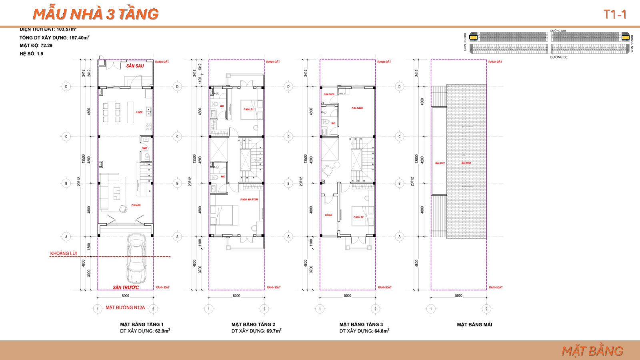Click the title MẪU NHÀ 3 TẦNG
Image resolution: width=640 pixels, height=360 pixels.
pos(96,14)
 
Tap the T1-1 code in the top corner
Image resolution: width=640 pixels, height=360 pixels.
pos(614,15)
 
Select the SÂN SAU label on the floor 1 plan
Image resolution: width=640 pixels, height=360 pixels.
pos(135,66)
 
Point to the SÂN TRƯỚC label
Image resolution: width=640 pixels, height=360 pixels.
pos(126,287)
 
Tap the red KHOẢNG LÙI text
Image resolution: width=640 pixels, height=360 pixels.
pos(63,253)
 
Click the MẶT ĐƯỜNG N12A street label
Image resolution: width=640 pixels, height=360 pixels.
pos(125,308)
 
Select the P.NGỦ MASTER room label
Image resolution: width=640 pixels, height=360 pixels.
pos(249,199)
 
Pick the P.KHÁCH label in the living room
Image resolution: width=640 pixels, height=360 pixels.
pos(136,205)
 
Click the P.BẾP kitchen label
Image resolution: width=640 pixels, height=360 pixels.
pos(139,112)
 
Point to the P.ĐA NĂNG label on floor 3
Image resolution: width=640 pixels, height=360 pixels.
pos(357,108)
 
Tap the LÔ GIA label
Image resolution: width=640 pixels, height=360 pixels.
pos(328,215)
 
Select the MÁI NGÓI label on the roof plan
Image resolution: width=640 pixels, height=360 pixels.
pos(466,163)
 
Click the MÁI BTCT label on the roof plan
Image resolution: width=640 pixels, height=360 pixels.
pos(440,163)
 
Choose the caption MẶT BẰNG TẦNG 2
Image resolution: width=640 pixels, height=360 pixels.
pos(253,324)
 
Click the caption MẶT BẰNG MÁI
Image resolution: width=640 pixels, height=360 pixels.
pos(474,324)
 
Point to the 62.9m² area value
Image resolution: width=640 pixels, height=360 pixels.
pos(162,331)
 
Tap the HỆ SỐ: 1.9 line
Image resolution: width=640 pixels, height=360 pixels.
pos(31,54)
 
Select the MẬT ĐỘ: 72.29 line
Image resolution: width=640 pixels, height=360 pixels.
pos(36,46)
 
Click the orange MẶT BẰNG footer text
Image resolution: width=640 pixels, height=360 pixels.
pos(592,351)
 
